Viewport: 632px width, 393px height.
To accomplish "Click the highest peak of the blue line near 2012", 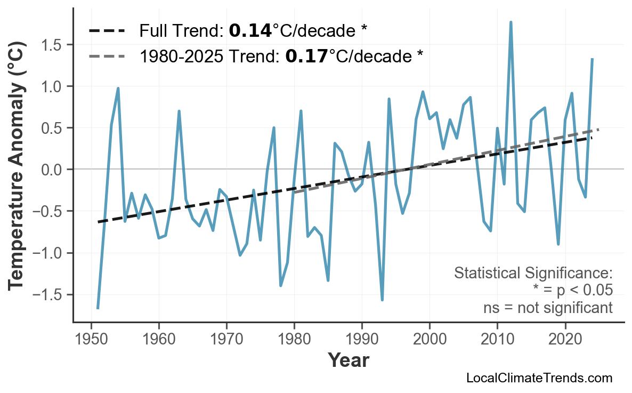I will pos(511,22).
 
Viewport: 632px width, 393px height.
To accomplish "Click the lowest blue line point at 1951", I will pos(98,308).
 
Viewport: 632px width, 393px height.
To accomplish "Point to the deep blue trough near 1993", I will pos(382,300).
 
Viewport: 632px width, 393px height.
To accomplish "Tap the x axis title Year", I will pos(348,361).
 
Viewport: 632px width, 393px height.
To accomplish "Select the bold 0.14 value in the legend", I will pos(250,31).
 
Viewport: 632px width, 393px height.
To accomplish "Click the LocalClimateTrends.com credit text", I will pos(539,378).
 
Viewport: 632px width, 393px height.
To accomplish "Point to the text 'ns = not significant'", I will pos(548,308).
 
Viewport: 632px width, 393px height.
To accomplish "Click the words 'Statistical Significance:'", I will pos(533,274).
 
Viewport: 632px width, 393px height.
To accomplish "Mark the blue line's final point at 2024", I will pos(592,59).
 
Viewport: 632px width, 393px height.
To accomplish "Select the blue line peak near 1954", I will pos(118,89).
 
